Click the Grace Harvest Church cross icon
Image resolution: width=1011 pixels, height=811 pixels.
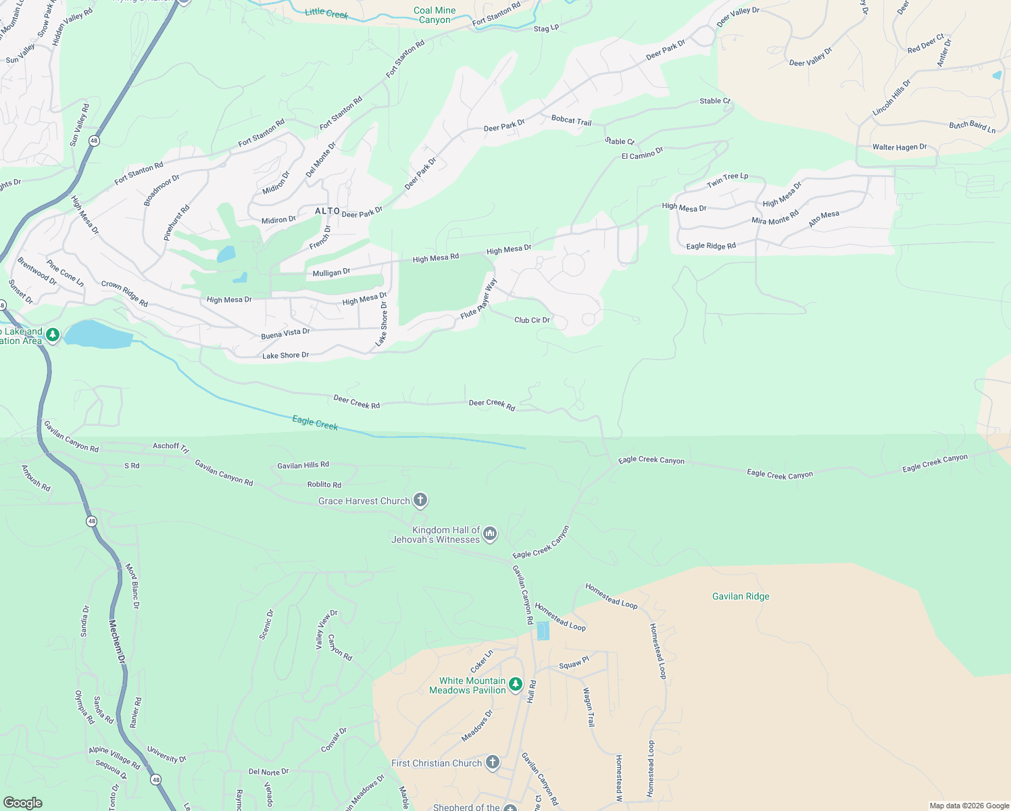click(420, 501)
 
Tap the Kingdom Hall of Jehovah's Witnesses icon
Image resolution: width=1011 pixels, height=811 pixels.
click(491, 534)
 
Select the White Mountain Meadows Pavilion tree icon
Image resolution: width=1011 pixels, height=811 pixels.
click(516, 685)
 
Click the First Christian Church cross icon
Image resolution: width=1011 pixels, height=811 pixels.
click(493, 763)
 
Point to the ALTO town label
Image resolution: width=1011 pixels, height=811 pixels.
click(328, 211)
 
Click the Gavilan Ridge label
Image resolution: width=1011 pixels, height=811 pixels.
click(741, 596)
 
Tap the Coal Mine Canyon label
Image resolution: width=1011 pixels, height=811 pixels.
click(435, 15)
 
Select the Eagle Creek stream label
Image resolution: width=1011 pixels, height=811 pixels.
click(315, 423)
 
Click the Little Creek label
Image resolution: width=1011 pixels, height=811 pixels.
click(326, 13)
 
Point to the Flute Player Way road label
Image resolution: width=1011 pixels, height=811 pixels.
click(479, 299)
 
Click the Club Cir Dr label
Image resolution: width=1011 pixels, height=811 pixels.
click(532, 320)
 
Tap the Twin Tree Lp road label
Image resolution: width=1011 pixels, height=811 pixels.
click(727, 180)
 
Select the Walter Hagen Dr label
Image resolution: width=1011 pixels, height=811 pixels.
click(899, 147)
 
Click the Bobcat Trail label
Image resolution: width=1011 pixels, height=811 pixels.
click(571, 120)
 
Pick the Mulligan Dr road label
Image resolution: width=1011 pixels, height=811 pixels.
click(331, 272)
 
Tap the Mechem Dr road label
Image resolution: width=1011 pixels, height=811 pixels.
click(118, 641)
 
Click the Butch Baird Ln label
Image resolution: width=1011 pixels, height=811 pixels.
click(972, 126)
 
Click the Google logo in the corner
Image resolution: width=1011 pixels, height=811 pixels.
click(22, 802)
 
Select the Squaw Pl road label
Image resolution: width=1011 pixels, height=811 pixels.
click(574, 664)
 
